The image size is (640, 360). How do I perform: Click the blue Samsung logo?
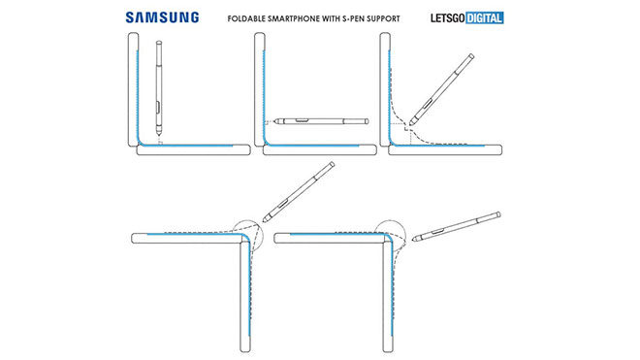[162, 17]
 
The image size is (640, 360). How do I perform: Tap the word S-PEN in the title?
[353, 18]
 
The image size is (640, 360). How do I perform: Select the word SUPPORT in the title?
[383, 18]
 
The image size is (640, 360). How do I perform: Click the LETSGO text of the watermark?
[448, 18]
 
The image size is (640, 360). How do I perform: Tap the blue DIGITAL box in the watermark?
[485, 18]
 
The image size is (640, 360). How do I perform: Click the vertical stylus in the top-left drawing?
[159, 88]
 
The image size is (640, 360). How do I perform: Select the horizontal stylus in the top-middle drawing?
[321, 121]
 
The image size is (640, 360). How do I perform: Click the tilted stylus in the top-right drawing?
[441, 89]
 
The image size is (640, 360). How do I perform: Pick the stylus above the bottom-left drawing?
[299, 192]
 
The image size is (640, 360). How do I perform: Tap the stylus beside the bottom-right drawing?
[457, 226]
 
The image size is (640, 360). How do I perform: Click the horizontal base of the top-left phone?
[194, 150]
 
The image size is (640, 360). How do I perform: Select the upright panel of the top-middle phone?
[260, 89]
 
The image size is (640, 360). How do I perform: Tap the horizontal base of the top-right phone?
[445, 150]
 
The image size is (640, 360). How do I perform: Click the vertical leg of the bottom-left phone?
[245, 296]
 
